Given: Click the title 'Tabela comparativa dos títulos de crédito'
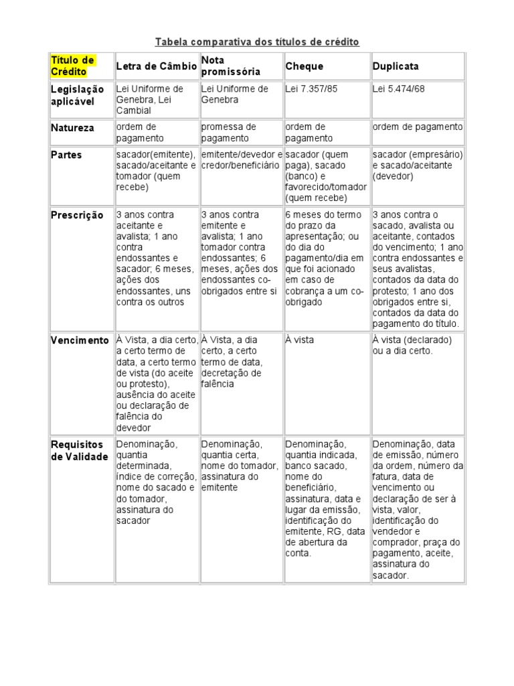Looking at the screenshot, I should (x=257, y=42).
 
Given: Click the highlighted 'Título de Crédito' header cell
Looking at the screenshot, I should (x=72, y=66).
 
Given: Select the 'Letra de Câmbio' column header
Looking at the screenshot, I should (x=157, y=66).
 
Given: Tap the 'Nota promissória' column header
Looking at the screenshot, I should (x=231, y=66).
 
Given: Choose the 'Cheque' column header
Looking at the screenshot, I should (x=305, y=66).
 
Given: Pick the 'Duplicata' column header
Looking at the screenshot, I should (x=396, y=66).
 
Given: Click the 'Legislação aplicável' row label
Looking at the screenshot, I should (x=78, y=94).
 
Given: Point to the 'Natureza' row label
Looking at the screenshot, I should (x=73, y=127).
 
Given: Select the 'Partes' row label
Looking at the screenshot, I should (x=67, y=155).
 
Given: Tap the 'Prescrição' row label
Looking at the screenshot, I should (x=77, y=215).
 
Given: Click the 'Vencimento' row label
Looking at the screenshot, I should (x=80, y=340).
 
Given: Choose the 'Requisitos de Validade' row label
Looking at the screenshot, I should (x=79, y=450).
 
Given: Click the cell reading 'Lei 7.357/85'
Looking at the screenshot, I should (x=312, y=89).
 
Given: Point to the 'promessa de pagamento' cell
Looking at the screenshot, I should (x=229, y=133).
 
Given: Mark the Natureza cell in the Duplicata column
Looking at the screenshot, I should (x=418, y=127).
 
